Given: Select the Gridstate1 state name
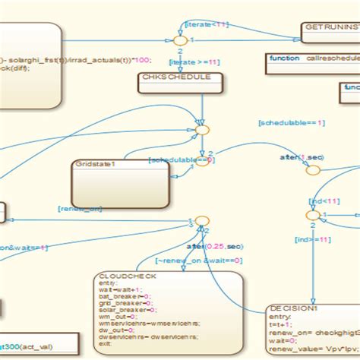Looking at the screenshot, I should point(95,164).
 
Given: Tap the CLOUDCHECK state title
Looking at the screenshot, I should point(127,276).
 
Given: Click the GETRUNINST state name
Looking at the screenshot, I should point(331,27).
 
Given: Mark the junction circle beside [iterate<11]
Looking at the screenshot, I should point(180,39).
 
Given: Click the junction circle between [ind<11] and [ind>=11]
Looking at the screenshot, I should point(312,216).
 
